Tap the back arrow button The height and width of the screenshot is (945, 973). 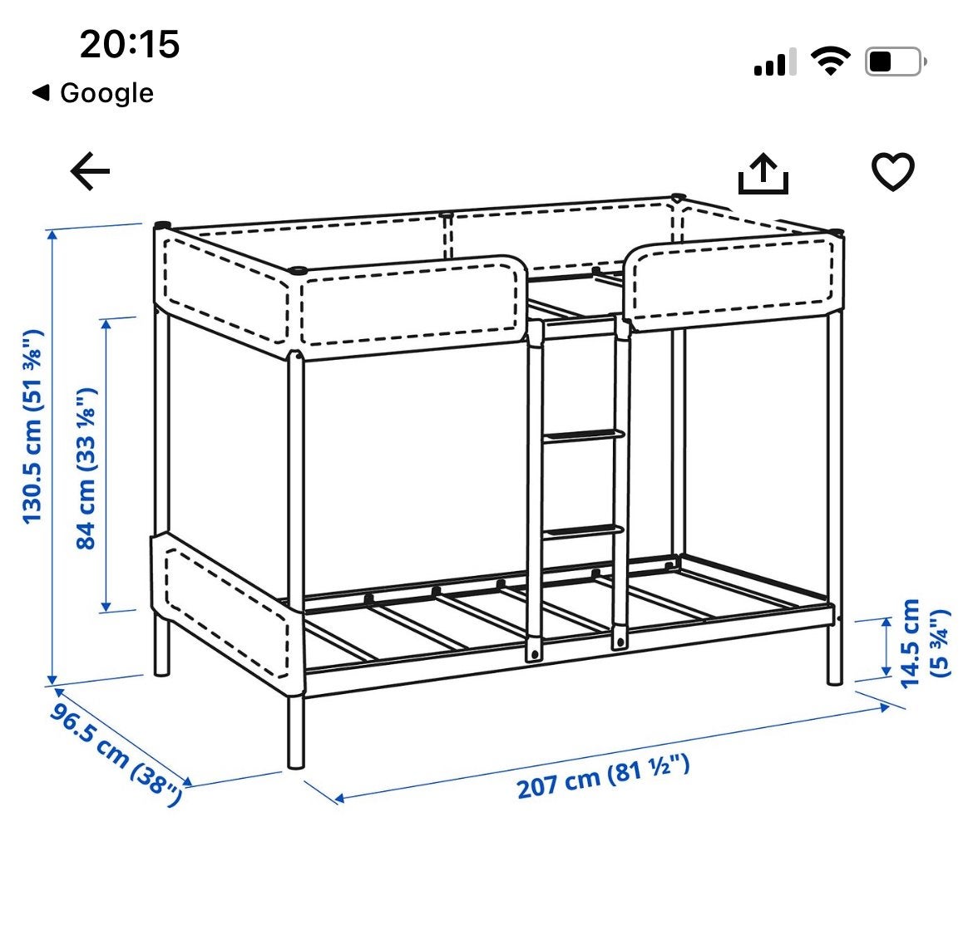[x=90, y=171]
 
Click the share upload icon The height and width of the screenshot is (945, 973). [x=763, y=174]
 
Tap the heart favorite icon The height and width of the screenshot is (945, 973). [x=893, y=171]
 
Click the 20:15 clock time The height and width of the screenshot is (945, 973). [x=130, y=45]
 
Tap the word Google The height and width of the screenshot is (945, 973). [x=106, y=93]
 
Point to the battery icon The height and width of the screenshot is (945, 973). [x=896, y=62]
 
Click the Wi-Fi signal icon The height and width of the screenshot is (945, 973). [x=831, y=61]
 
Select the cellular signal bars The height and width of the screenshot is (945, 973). [x=775, y=62]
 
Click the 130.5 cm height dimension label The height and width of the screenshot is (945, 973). [x=32, y=426]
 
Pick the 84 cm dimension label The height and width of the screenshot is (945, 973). [x=86, y=468]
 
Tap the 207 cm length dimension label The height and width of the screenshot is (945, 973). [x=603, y=777]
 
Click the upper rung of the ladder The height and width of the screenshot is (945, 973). [x=583, y=436]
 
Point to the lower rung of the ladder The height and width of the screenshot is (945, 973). [x=583, y=531]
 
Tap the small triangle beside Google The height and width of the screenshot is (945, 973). [x=41, y=93]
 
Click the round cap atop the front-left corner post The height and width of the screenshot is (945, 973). [x=298, y=270]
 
